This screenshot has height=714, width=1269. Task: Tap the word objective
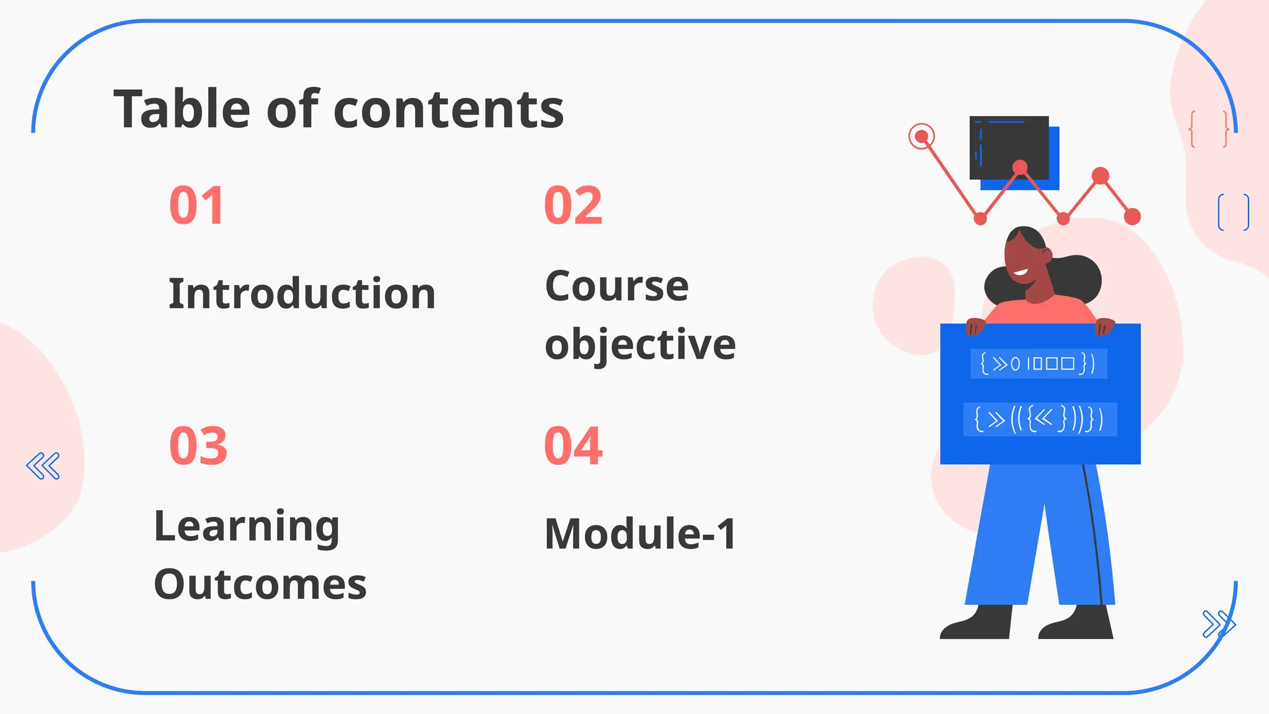coord(640,345)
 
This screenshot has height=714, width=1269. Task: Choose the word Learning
coord(247,527)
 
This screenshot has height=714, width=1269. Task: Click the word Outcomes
coord(260,584)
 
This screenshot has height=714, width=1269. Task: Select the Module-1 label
coord(640,534)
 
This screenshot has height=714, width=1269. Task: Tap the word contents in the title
coord(449,110)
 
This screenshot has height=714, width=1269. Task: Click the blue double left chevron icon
coord(43,466)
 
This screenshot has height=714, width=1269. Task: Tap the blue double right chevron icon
coord(1218,624)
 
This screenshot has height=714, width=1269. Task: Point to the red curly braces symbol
coord(1208,129)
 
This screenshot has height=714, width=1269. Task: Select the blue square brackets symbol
coord(1233,212)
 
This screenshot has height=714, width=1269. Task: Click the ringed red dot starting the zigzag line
coord(921,136)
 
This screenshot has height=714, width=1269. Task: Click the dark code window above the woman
coord(1009,148)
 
